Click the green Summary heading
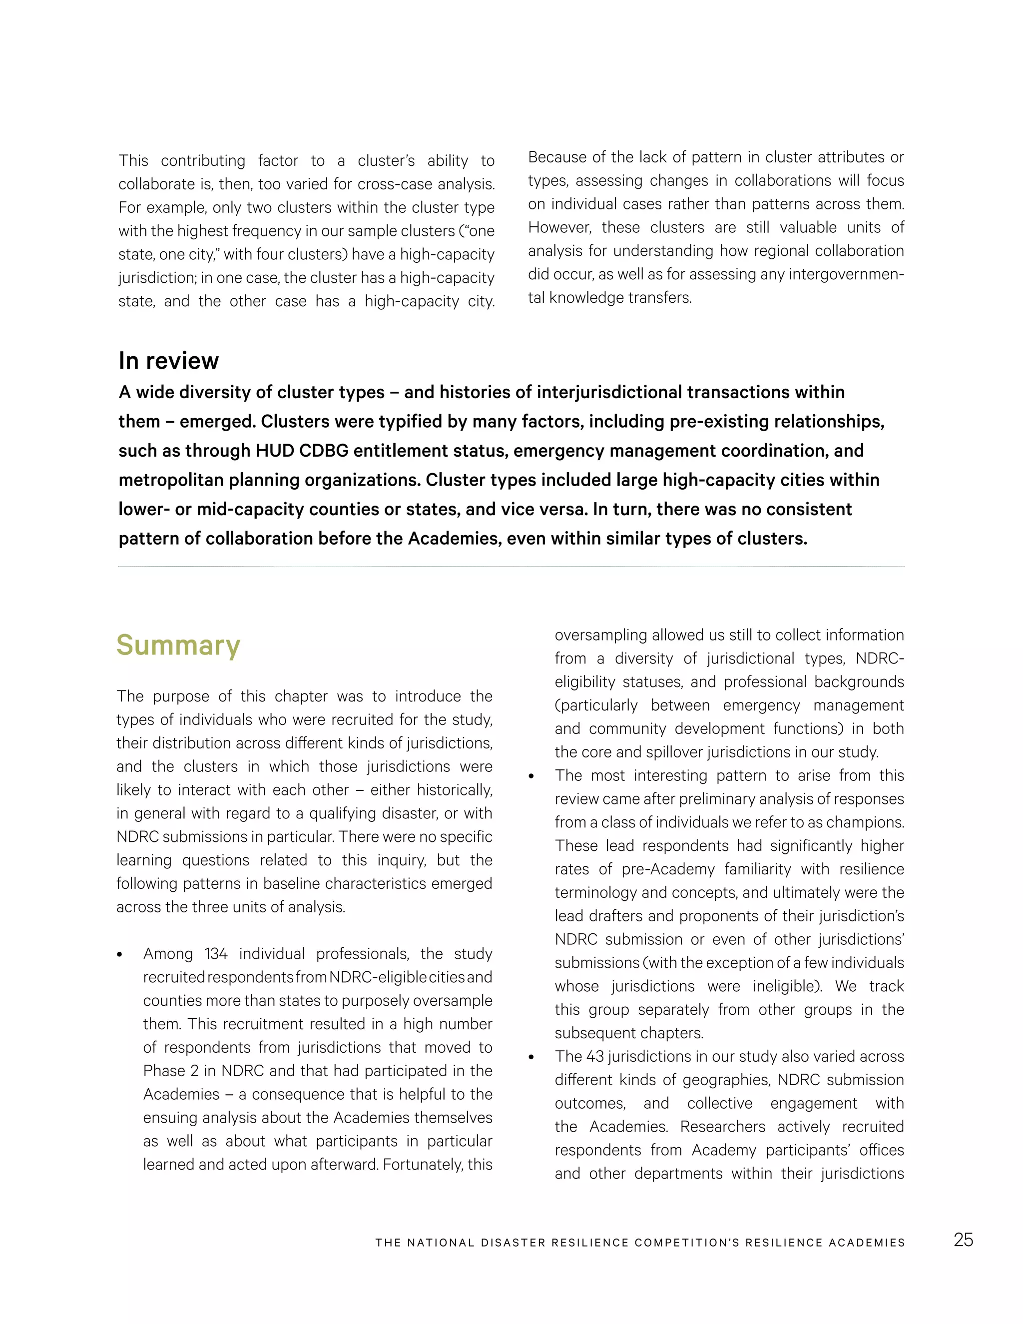(178, 645)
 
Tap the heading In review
(168, 361)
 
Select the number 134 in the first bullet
(216, 954)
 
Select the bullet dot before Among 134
(120, 955)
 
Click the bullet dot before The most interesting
(531, 776)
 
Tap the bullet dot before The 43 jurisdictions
(531, 1057)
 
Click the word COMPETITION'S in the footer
(687, 1243)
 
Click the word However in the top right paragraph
(560, 227)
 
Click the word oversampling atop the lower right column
(600, 636)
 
